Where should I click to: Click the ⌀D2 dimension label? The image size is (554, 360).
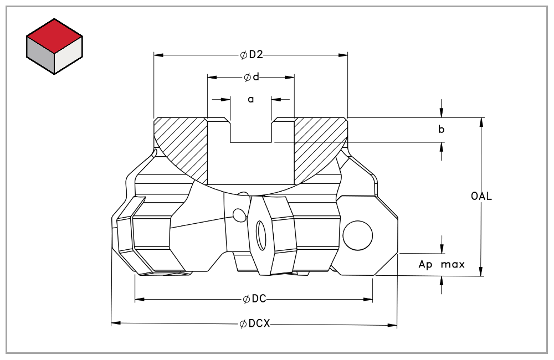251,55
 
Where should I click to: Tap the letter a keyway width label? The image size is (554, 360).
250,99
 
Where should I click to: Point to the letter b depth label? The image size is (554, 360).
442,130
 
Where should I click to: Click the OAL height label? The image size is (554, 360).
481,196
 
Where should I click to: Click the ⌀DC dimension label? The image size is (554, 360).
254,299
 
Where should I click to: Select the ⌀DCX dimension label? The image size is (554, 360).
255,323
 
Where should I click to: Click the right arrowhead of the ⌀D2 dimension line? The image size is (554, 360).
344,55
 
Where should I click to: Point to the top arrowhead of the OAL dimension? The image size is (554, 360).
481,121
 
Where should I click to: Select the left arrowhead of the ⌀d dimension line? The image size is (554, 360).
211,77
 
